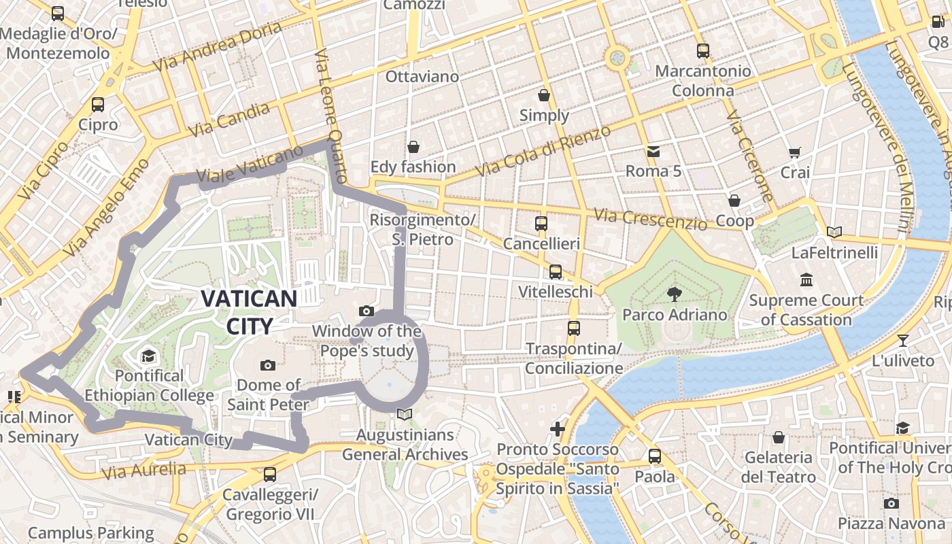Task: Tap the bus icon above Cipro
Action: click(98, 105)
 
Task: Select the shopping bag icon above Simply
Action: click(544, 95)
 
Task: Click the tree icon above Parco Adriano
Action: click(675, 294)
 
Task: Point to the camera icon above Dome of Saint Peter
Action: click(268, 366)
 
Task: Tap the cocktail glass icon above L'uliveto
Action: click(902, 341)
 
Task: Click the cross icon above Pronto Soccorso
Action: click(558, 429)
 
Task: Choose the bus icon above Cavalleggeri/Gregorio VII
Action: click(270, 475)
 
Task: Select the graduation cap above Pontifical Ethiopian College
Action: click(148, 356)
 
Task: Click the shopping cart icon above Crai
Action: click(794, 152)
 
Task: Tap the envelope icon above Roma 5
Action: click(653, 151)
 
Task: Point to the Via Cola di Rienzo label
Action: click(543, 151)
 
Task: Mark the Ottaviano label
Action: click(422, 76)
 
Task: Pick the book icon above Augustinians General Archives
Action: click(405, 414)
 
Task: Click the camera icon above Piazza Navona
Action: click(891, 503)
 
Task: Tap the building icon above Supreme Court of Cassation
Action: click(807, 279)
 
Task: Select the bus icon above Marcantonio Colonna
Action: click(703, 51)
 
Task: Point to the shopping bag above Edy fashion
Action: click(413, 147)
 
